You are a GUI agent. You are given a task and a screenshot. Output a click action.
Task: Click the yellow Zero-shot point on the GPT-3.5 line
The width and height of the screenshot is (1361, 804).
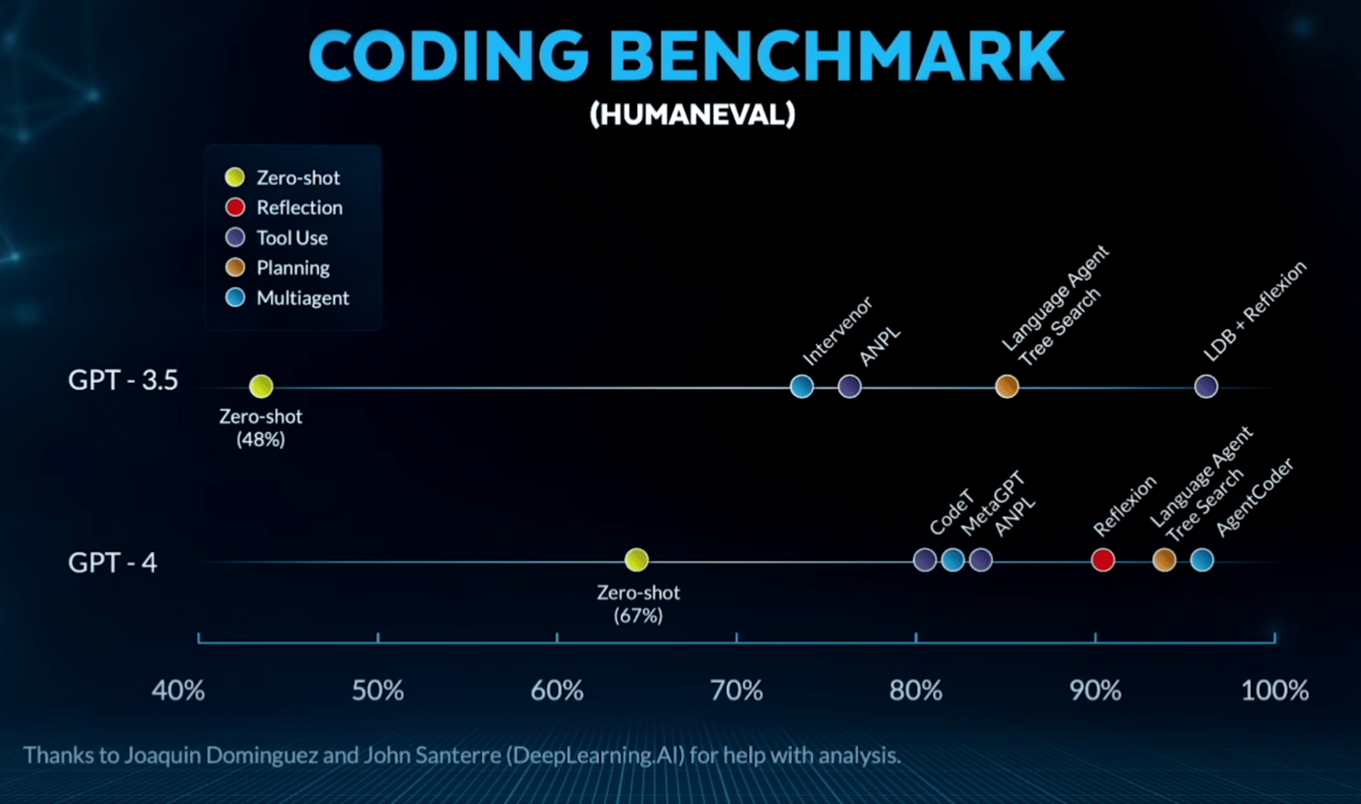tap(261, 386)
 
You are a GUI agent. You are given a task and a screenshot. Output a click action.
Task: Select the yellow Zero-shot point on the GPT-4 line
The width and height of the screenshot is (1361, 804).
tap(637, 560)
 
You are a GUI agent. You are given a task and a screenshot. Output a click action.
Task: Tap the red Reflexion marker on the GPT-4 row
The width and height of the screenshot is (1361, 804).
tap(1102, 560)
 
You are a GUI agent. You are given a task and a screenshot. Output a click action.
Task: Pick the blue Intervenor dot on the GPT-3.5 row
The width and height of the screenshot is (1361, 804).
tap(802, 386)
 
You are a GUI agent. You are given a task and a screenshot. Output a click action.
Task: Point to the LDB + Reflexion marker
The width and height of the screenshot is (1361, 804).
tap(1206, 386)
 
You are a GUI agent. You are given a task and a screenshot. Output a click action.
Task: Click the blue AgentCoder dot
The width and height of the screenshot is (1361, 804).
tap(1202, 560)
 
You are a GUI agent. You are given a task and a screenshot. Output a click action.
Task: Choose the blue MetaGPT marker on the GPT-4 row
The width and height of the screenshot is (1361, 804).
tap(953, 560)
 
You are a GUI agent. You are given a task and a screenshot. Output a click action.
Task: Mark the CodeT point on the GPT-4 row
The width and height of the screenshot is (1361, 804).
tap(924, 560)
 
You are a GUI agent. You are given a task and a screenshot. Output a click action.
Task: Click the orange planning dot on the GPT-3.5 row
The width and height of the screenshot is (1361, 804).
tap(1007, 386)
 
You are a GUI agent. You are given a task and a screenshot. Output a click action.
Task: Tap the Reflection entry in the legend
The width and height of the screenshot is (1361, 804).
tap(298, 208)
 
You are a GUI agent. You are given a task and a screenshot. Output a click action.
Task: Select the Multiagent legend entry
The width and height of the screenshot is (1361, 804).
tap(302, 298)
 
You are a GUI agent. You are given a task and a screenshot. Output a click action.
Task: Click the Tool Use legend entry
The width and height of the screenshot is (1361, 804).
tap(291, 238)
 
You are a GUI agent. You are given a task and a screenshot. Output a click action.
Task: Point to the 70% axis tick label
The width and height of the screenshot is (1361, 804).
tap(736, 691)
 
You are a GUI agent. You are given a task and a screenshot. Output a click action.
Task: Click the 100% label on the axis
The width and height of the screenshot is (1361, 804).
tap(1274, 691)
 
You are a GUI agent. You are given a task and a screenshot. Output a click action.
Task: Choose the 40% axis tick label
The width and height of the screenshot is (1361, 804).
tap(178, 691)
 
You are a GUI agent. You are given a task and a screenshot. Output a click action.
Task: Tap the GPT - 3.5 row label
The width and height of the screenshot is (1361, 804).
tap(123, 381)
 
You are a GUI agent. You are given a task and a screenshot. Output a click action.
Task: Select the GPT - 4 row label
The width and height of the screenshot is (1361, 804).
tap(112, 563)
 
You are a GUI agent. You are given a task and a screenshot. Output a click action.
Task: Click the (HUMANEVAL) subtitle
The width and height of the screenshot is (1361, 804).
tap(693, 114)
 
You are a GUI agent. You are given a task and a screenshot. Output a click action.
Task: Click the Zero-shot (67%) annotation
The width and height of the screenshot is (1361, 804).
tap(638, 603)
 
